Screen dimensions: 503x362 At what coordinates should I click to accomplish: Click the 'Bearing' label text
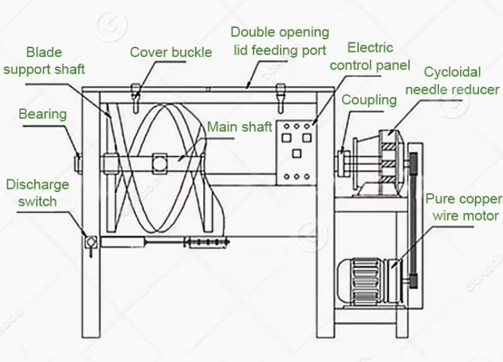click(43, 114)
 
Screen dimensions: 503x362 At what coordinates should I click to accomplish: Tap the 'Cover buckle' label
click(171, 52)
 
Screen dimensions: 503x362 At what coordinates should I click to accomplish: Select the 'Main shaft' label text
click(239, 127)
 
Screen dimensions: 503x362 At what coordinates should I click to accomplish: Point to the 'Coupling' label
click(369, 100)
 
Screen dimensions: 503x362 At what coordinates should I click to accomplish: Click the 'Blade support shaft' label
click(44, 61)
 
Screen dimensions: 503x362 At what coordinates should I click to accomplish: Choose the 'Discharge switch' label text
click(37, 193)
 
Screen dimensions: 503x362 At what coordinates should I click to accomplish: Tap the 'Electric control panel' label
click(370, 56)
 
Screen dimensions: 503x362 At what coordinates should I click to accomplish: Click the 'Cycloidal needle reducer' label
click(452, 81)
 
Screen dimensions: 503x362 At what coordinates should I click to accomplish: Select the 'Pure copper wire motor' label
click(464, 207)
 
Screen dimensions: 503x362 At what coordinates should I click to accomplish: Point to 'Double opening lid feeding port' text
click(279, 41)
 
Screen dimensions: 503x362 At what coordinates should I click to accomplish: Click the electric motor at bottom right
click(370, 281)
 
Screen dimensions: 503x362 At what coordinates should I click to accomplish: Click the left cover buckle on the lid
click(136, 97)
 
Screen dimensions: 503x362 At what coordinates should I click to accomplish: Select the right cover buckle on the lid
click(281, 97)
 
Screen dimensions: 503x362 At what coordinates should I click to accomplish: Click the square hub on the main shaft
click(160, 164)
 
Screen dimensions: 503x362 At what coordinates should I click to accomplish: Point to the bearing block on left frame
click(78, 164)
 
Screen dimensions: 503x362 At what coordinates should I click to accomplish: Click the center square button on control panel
click(297, 153)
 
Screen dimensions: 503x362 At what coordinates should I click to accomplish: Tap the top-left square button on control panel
click(286, 138)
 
